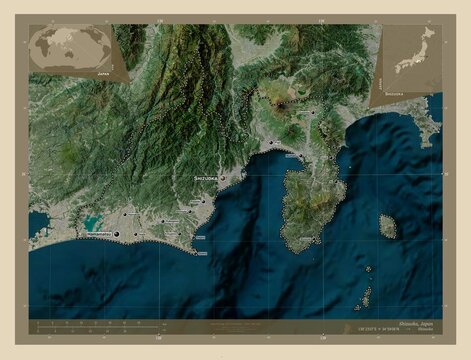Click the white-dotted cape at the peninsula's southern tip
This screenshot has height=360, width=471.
coord(296,247)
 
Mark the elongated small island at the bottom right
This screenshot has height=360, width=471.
coord(367,297)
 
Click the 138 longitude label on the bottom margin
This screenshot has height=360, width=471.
coord(156,338)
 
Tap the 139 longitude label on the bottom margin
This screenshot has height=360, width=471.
coord(320,338)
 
